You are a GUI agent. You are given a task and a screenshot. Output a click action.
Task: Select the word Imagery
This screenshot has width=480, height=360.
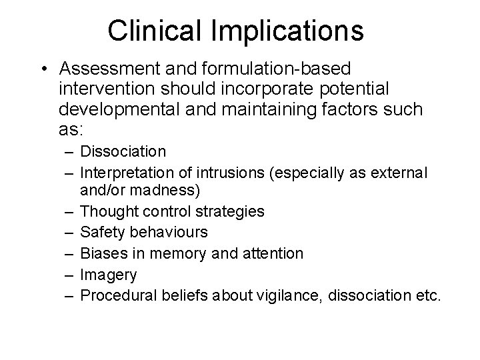(108, 275)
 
